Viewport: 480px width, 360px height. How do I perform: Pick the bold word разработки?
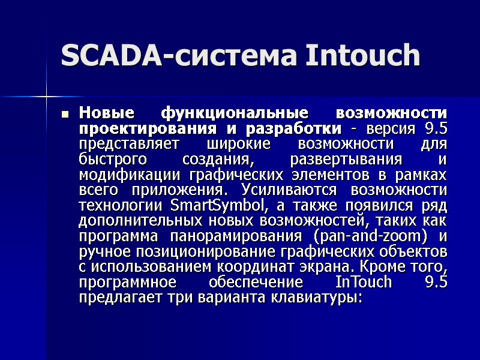coord(296,128)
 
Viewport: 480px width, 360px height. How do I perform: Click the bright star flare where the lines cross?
coord(46,95)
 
